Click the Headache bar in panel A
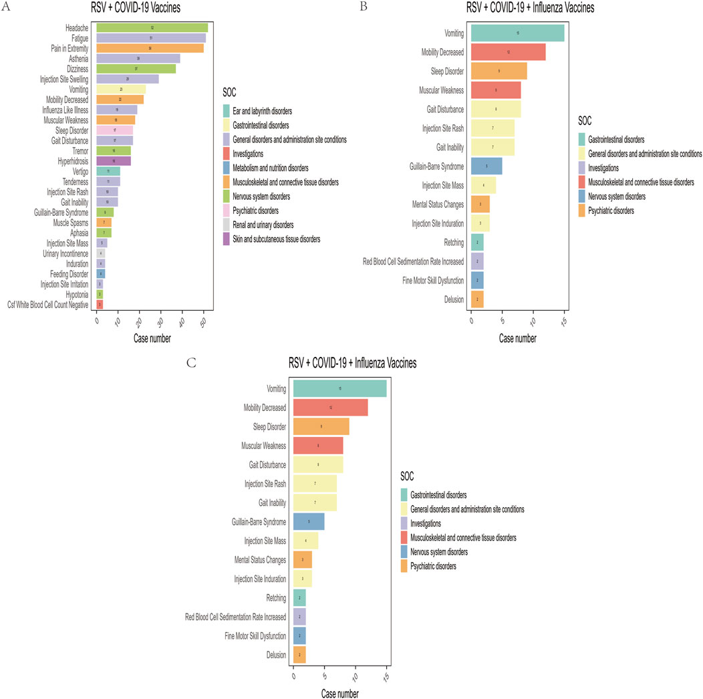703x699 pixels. click(x=152, y=27)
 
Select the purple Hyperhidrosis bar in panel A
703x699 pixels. click(x=114, y=160)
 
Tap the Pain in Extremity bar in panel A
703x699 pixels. click(x=150, y=48)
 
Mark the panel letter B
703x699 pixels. click(x=364, y=6)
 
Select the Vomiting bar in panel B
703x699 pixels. click(x=517, y=33)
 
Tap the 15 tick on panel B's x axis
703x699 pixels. click(x=564, y=319)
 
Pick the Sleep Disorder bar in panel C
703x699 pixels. click(x=321, y=426)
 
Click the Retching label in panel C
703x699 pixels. click(x=275, y=597)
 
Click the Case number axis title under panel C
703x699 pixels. click(x=339, y=694)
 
